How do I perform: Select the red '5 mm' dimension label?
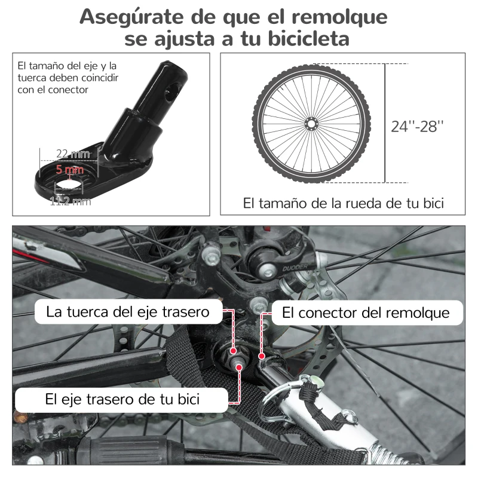[x=70, y=169]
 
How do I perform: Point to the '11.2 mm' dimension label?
[x=70, y=201]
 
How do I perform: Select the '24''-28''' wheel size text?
[x=418, y=127]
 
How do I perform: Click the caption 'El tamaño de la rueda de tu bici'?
[x=344, y=203]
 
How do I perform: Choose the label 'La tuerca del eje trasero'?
[x=128, y=312]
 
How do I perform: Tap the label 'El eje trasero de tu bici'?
[x=122, y=399]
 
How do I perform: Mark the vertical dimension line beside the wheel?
[x=385, y=122]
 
